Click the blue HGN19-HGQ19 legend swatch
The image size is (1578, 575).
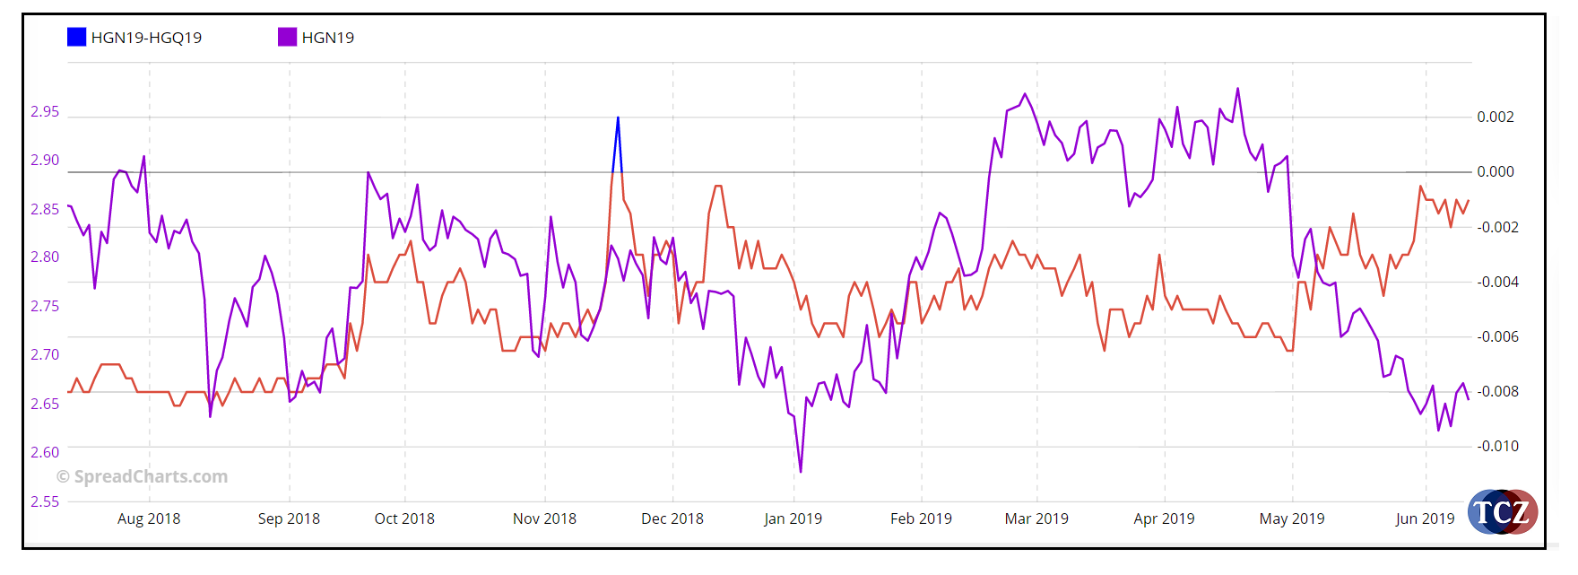coord(76,37)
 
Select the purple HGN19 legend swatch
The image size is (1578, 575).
coord(287,37)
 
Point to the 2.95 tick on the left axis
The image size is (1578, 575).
coord(45,111)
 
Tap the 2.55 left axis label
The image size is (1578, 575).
coord(45,501)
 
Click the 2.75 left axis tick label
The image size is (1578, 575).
coord(45,306)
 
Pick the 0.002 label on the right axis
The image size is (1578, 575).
coord(1496,117)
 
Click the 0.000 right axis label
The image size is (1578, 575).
coord(1496,171)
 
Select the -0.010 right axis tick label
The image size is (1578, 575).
coord(1497,446)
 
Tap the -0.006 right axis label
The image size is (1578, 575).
coord(1497,336)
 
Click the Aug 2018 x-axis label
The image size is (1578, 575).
coord(149,518)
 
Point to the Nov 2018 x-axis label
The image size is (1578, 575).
coord(544,518)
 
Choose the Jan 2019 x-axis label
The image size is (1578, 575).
coord(793,518)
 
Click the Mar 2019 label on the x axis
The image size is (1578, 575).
coord(1036,518)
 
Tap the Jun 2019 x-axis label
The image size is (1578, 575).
coord(1425,518)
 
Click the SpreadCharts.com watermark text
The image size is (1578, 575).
coord(143,476)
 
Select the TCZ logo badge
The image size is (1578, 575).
coord(1503,512)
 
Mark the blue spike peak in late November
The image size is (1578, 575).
coord(618,118)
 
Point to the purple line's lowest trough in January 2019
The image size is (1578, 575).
coord(801,471)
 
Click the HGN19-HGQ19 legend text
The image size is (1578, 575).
coord(146,38)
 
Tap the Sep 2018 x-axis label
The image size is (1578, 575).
coord(289,518)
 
